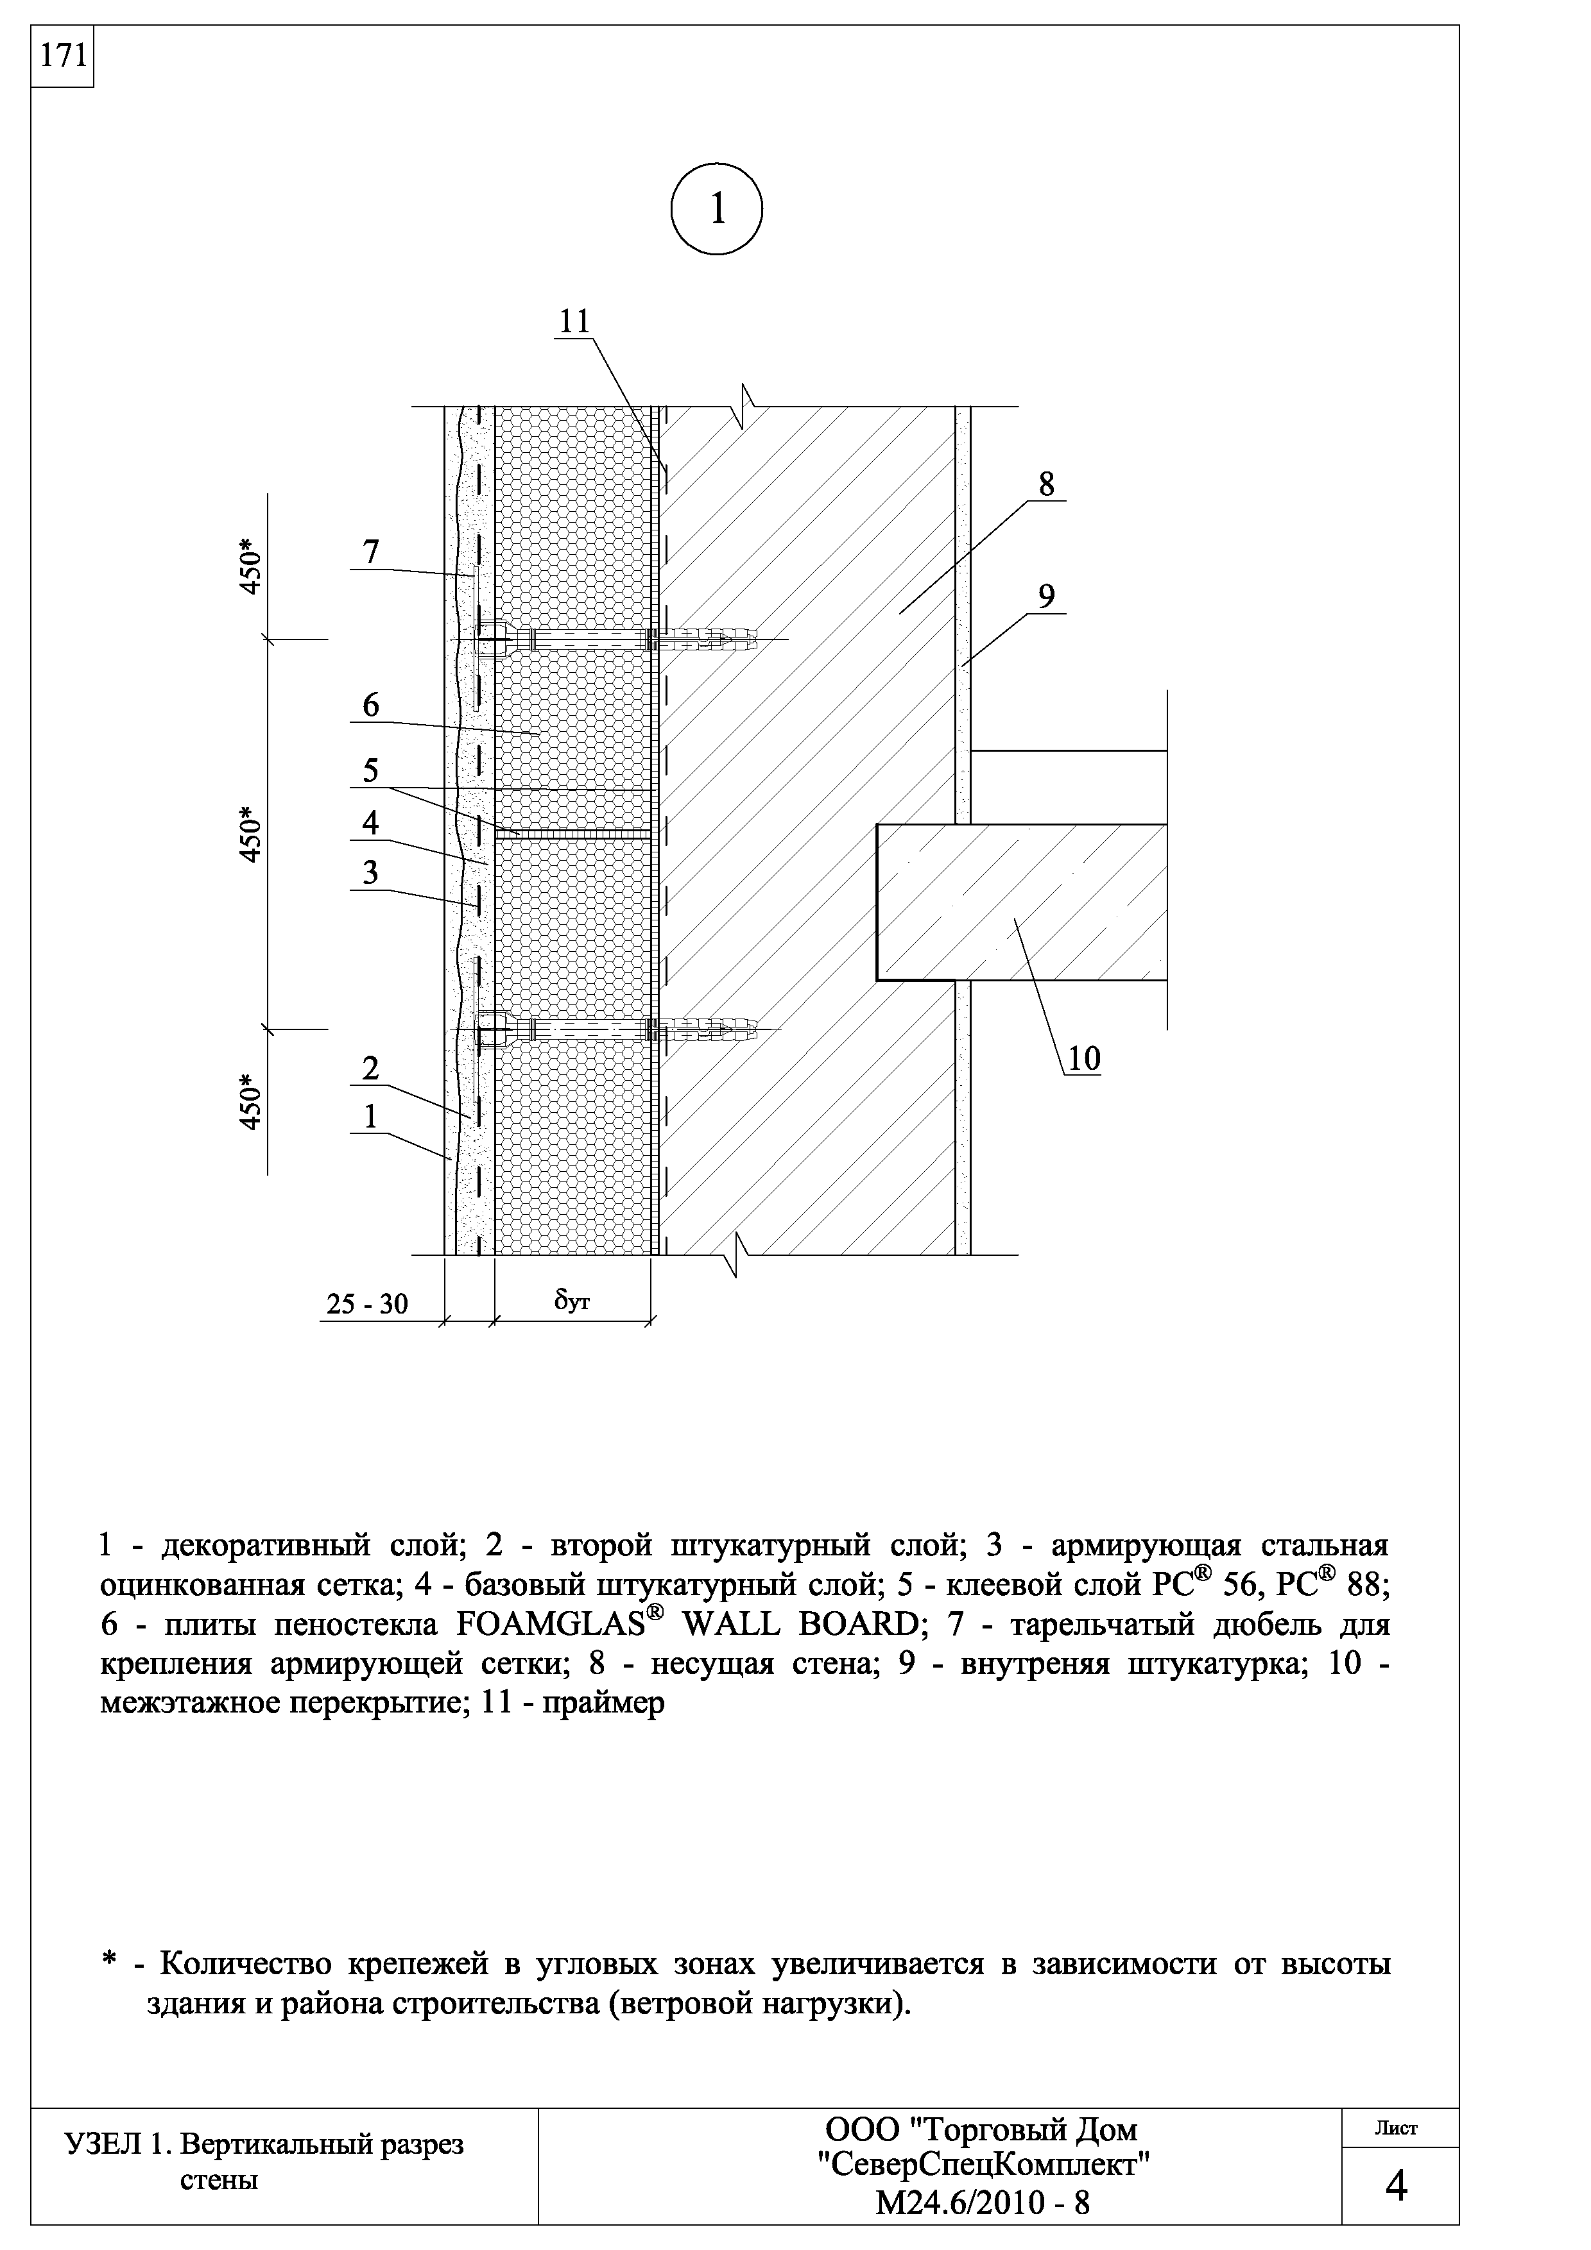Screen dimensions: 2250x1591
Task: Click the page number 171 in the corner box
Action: (61, 57)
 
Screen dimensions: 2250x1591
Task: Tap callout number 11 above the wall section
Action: (576, 321)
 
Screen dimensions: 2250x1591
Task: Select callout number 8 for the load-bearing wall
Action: (1046, 484)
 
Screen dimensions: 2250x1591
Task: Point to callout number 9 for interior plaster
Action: (1046, 596)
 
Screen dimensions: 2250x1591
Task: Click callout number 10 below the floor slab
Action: (1083, 1058)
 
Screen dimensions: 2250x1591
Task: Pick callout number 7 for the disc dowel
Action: (370, 553)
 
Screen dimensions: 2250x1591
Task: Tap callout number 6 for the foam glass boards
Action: (370, 706)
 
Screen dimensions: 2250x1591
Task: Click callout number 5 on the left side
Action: (370, 770)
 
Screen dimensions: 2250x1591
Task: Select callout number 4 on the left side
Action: (370, 823)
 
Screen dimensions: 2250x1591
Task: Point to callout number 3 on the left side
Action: (370, 872)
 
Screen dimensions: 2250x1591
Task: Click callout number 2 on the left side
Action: (370, 1068)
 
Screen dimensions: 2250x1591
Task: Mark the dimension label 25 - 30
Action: (366, 1305)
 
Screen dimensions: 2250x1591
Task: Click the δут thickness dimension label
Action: (571, 1300)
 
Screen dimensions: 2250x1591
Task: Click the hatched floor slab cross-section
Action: (1020, 902)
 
